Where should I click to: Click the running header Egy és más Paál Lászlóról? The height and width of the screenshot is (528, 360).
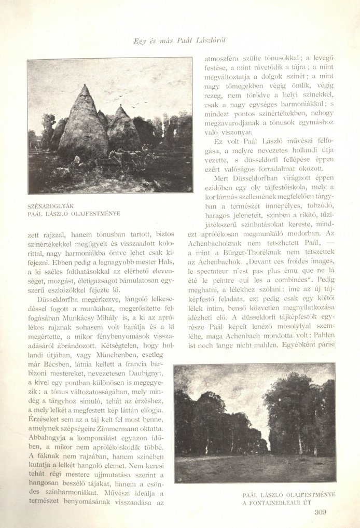[x=180, y=39]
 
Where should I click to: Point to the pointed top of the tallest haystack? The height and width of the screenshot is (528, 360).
[x=85, y=87]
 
